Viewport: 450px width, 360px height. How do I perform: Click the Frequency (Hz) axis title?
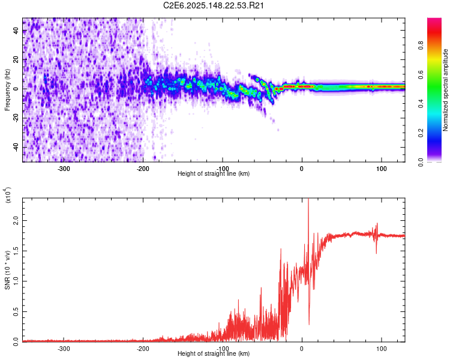pyautogui.click(x=7, y=89)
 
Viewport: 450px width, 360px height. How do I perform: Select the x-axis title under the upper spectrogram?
pyautogui.click(x=214, y=173)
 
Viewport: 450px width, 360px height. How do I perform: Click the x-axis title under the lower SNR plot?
pyautogui.click(x=214, y=353)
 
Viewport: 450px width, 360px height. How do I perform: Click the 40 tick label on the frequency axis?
pyautogui.click(x=16, y=31)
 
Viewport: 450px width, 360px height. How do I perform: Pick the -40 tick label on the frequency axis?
pyautogui.click(x=14, y=148)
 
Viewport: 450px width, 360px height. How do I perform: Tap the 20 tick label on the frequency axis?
pyautogui.click(x=16, y=60)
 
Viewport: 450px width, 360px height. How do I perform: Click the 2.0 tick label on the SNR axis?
pyautogui.click(x=16, y=221)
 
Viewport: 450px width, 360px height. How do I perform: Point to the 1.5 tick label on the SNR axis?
pyautogui.click(x=16, y=251)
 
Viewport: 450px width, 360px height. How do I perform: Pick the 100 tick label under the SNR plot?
pyautogui.click(x=381, y=347)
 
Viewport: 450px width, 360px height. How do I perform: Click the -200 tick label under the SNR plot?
pyautogui.click(x=143, y=347)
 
